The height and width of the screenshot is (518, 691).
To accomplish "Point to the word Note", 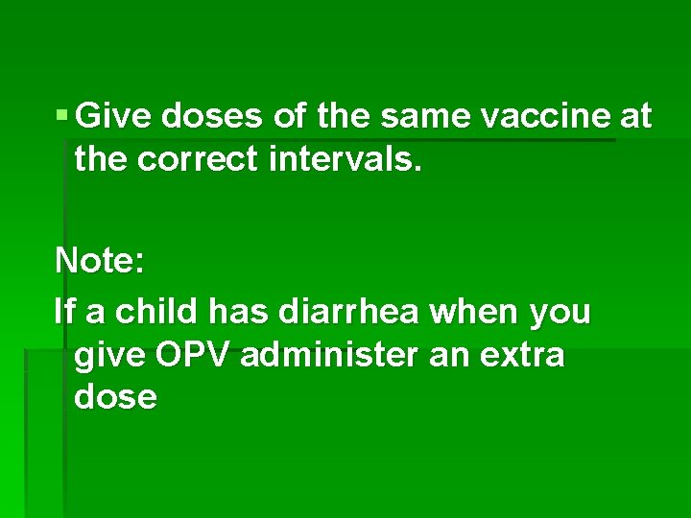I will [x=96, y=259].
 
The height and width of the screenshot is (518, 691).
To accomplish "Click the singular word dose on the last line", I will [x=115, y=396].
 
